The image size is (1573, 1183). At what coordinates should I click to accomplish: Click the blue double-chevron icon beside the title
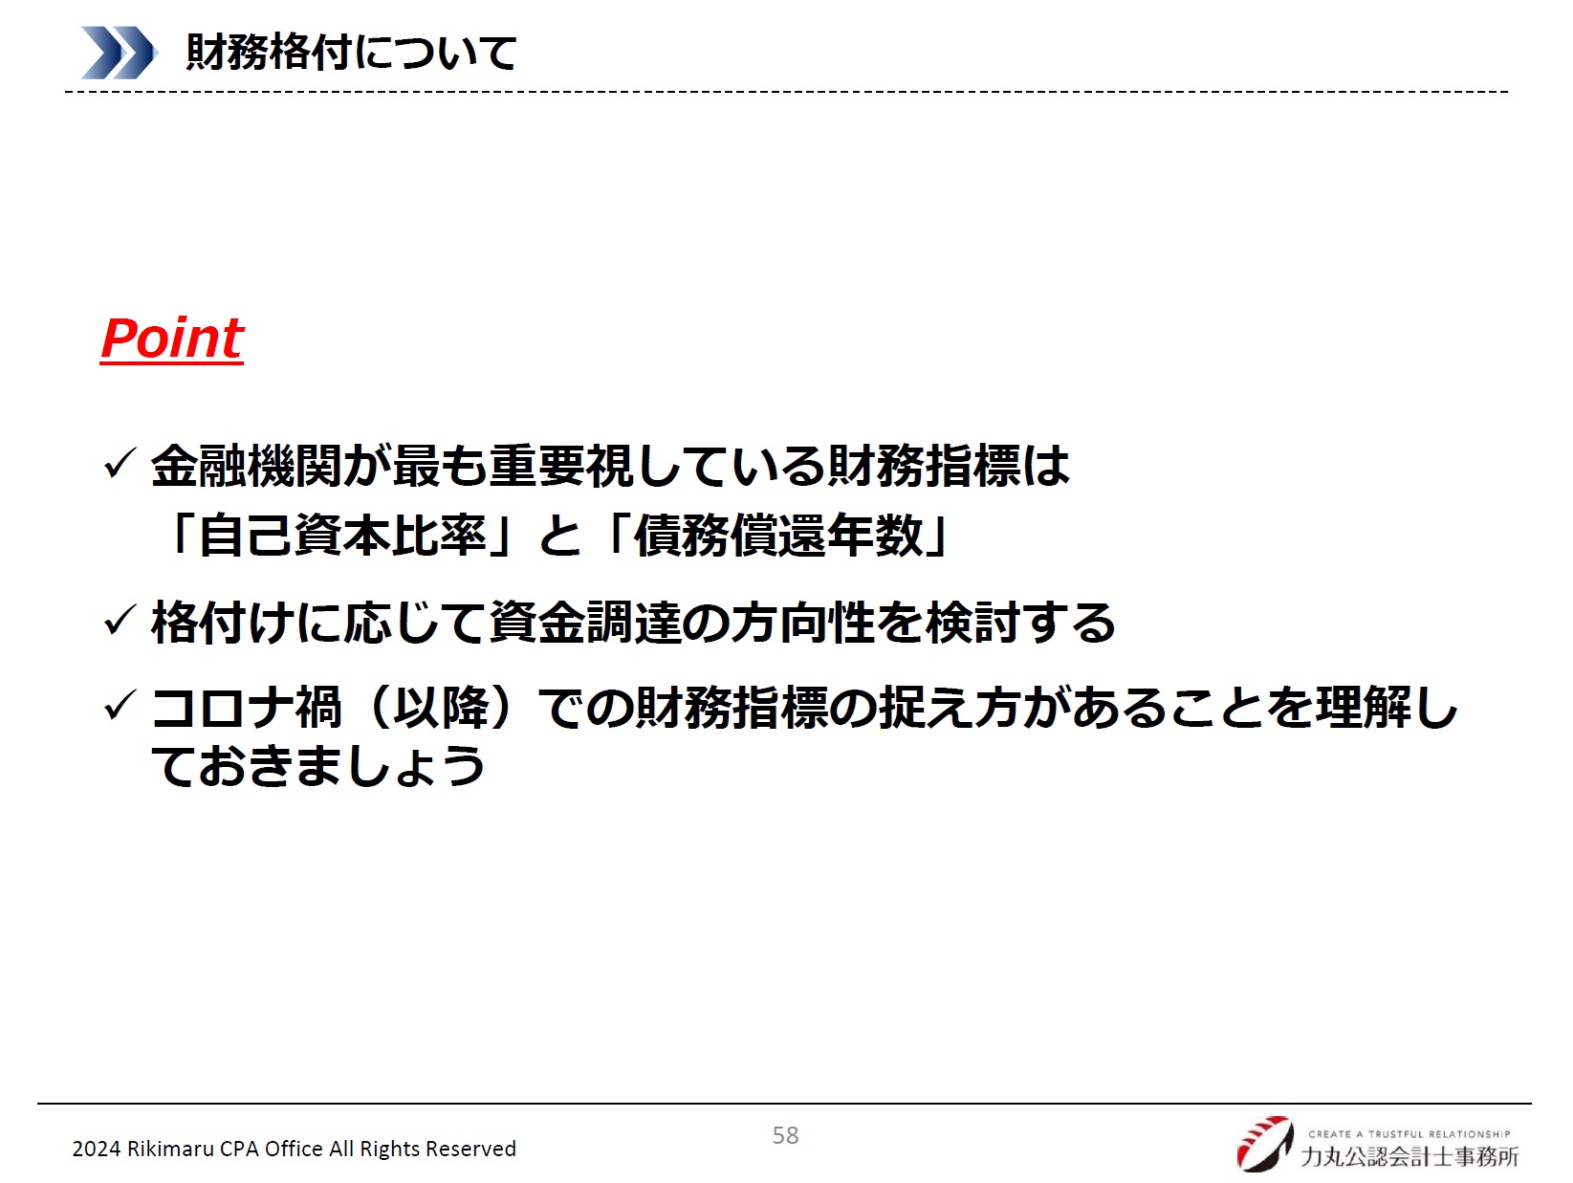click(119, 53)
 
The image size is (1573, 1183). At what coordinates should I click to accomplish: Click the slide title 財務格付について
click(351, 53)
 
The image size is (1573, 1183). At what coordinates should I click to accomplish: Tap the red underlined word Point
click(172, 339)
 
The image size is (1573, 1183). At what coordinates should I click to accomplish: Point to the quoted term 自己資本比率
click(341, 536)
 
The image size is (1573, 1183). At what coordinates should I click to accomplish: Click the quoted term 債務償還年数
click(778, 536)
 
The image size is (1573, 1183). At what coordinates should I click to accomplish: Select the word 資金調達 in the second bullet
click(585, 622)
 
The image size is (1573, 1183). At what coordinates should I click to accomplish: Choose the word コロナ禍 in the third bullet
click(247, 708)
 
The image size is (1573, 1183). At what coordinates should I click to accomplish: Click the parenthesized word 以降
click(442, 708)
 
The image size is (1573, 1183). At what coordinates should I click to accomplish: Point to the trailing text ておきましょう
click(318, 765)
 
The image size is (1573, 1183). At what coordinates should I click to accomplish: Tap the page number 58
click(785, 1136)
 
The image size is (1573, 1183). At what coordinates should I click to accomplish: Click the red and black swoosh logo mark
click(1265, 1144)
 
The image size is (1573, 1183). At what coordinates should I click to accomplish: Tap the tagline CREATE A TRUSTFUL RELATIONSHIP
click(1409, 1134)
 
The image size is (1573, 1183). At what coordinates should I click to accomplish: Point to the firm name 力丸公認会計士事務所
click(1409, 1156)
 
